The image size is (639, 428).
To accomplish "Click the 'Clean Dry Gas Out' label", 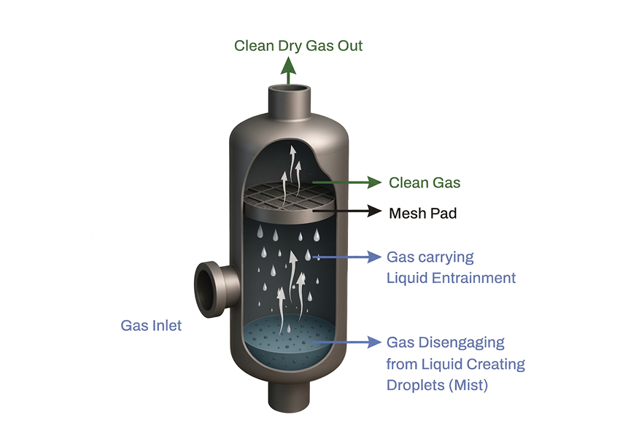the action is click(x=298, y=46).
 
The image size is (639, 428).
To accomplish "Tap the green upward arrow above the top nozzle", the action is click(x=289, y=71).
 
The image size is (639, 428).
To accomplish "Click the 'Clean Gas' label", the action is click(x=425, y=183).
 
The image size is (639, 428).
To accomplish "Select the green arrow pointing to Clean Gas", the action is click(x=346, y=182).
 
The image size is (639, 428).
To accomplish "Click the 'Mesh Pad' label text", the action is click(x=422, y=214).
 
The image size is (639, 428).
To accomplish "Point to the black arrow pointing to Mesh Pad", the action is click(x=346, y=211).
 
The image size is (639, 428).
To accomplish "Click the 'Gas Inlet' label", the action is click(x=151, y=326).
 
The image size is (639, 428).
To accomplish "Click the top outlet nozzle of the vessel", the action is click(x=289, y=100).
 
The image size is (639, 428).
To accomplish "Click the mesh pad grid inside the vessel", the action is click(x=289, y=195).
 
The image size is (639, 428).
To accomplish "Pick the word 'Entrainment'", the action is click(x=473, y=278).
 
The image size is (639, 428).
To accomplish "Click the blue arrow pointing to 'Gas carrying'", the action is click(x=346, y=257).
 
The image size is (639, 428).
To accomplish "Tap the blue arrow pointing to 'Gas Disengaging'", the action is click(x=346, y=342).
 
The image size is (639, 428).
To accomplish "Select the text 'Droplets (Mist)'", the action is click(x=437, y=385).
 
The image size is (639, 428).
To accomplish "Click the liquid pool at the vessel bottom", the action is click(x=289, y=341).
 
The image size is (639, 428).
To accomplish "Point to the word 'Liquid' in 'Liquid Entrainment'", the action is click(x=407, y=278).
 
